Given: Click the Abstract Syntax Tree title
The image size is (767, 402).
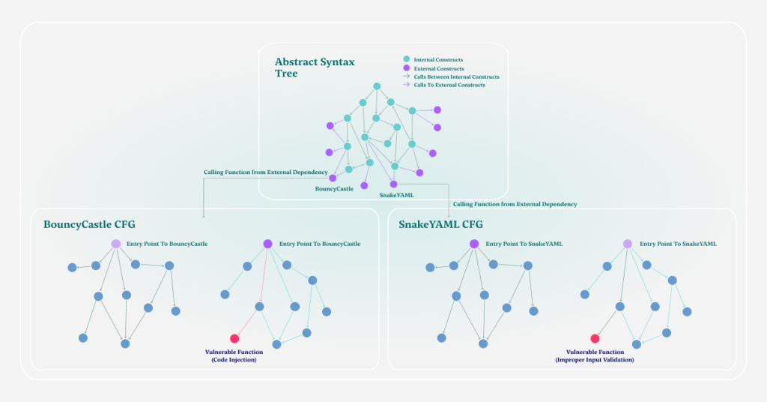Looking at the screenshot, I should point(315,67).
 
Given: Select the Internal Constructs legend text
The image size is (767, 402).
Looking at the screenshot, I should point(438,59).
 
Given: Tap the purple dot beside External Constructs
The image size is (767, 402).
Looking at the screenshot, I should point(407,68).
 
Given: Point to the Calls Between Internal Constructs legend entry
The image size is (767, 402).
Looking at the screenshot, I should point(456,76).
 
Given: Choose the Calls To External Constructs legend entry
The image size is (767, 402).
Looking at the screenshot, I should point(449,85).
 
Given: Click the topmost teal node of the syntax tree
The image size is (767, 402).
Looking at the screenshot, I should point(377,86).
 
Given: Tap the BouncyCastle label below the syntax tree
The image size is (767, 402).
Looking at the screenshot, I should point(334,188).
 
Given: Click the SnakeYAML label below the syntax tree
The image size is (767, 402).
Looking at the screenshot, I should point(396,194).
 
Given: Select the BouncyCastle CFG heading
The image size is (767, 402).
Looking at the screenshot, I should point(89,224).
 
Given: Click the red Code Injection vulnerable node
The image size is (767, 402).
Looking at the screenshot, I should point(234,338).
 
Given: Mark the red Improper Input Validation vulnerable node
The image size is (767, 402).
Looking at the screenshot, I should point(595,338).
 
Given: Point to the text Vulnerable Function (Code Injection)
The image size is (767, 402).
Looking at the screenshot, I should point(234,355).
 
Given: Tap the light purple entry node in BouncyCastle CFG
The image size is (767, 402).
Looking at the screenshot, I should point(116,244).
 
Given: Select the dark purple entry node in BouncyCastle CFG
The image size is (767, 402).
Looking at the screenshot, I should point(267,244).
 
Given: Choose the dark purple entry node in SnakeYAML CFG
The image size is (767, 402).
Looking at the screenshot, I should point(474,244).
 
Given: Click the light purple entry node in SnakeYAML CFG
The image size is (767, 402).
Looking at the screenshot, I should point(628,244).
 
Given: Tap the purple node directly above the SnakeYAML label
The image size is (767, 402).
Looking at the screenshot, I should point(393,184).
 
